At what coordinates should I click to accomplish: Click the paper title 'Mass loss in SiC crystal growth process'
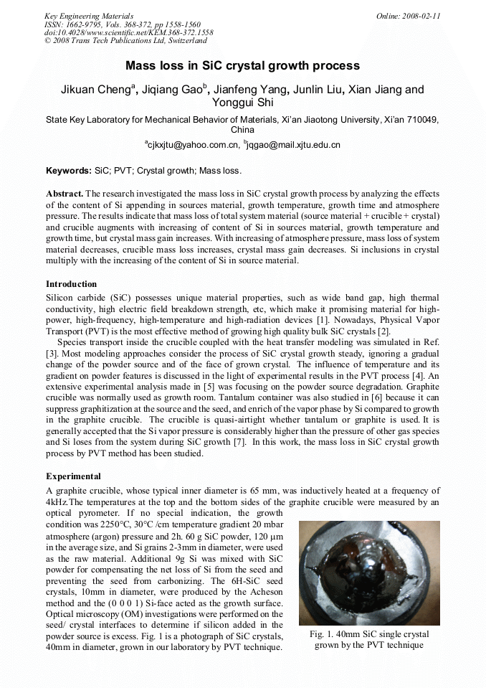[x=242, y=66]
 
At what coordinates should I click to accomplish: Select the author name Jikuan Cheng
[x=97, y=90]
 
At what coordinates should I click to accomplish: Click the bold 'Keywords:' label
[x=69, y=171]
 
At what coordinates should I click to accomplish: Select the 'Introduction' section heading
[x=71, y=284]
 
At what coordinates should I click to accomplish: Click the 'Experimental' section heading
[x=73, y=476]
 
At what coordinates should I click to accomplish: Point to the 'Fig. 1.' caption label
[x=324, y=634]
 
